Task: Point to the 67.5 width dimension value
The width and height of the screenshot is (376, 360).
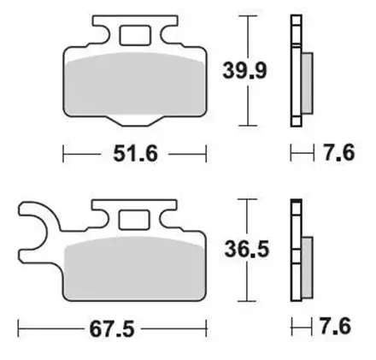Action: coord(112,328)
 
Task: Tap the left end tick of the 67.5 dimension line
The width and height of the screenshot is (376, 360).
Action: coord(19,328)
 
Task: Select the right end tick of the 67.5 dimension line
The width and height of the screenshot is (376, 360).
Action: coord(208,328)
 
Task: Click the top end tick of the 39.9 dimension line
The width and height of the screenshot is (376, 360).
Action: coord(249,16)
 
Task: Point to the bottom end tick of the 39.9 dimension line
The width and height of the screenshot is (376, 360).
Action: coord(249,126)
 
